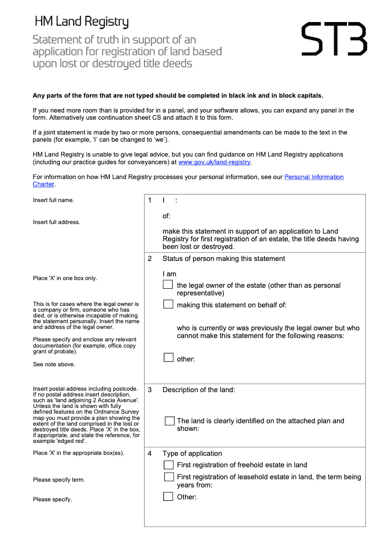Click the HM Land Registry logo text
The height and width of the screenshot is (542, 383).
coord(81,22)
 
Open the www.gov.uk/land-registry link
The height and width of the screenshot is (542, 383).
coord(214,162)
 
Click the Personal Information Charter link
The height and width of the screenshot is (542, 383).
coord(314,177)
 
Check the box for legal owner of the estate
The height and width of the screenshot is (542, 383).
coord(168,285)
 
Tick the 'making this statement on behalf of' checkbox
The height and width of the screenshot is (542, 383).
coord(168,305)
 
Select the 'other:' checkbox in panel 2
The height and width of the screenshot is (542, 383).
coord(168,358)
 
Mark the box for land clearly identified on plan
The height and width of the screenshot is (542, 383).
coord(169,421)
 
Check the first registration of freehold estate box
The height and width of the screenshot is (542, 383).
coord(169,465)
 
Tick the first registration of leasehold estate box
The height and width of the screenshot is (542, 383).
coord(169,477)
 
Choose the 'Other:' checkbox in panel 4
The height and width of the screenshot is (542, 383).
coord(168,497)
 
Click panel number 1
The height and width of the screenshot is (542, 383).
coord(150,200)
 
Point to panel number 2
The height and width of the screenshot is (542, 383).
coord(150,259)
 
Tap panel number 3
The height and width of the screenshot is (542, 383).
coord(150,390)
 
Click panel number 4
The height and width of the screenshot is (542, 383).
coord(150,453)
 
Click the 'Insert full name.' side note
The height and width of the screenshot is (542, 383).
coord(53,200)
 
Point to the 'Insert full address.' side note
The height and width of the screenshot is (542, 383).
coord(56,222)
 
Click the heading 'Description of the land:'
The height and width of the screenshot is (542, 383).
coord(199,390)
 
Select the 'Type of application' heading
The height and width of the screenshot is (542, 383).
coord(192,453)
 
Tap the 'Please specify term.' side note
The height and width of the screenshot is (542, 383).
coord(59,480)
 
